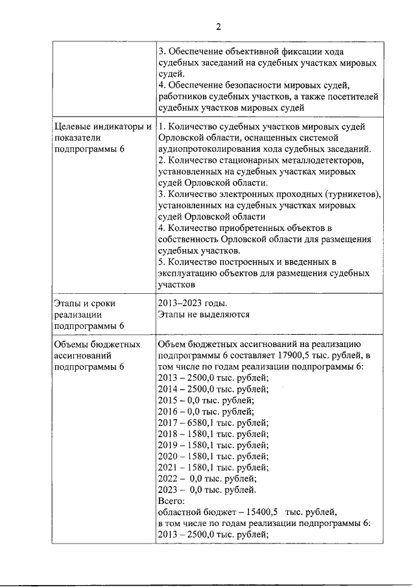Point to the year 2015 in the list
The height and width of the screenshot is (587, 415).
click(x=169, y=400)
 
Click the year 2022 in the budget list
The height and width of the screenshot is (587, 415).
click(x=169, y=478)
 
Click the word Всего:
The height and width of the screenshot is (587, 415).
click(x=172, y=501)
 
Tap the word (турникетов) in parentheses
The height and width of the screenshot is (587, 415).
click(x=347, y=194)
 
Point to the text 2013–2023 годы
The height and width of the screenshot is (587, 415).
click(x=193, y=303)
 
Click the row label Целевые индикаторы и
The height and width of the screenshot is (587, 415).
click(x=103, y=126)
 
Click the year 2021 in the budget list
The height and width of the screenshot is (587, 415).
click(x=169, y=467)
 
